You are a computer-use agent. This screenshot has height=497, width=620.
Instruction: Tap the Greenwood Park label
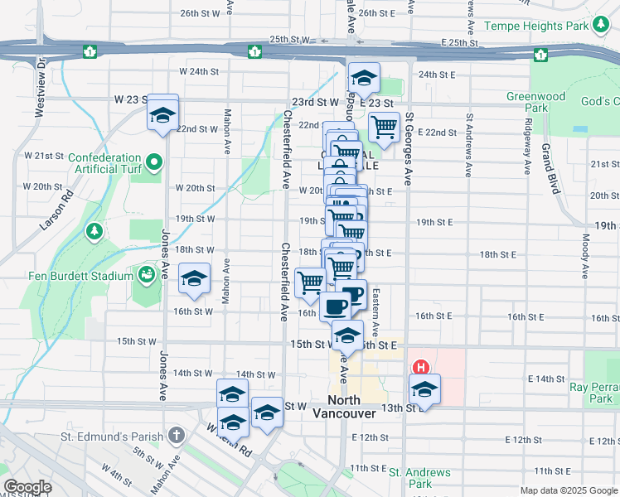(535, 102)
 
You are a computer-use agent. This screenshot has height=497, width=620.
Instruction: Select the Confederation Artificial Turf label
(104, 163)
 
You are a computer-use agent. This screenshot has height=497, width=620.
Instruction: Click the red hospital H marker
(421, 368)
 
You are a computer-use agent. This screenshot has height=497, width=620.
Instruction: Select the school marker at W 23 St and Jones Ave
(163, 113)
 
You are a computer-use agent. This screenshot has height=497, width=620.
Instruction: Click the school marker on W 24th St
(363, 79)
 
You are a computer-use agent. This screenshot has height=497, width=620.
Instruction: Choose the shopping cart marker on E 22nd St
(385, 128)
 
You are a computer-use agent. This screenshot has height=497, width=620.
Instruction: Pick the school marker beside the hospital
(424, 389)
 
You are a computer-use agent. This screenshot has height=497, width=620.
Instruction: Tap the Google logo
(27, 487)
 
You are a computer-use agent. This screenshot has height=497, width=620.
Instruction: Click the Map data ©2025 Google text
(568, 490)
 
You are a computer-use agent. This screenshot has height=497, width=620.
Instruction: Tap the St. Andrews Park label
(420, 478)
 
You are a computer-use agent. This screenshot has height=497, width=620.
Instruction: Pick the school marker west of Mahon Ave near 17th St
(194, 280)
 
